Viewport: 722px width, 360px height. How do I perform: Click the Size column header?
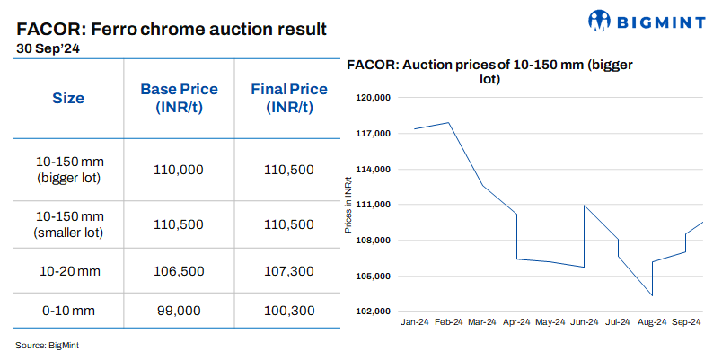pyautogui.click(x=68, y=98)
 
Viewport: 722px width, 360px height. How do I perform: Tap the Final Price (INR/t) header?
pyautogui.click(x=288, y=98)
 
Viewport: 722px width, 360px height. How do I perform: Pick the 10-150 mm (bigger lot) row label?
pyautogui.click(x=69, y=169)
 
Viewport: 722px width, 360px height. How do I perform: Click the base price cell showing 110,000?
pyautogui.click(x=179, y=169)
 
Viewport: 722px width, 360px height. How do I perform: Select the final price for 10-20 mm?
pyautogui.click(x=289, y=270)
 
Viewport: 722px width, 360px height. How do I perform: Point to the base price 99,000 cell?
pyautogui.click(x=179, y=310)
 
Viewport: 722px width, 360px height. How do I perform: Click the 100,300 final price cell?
pyautogui.click(x=289, y=310)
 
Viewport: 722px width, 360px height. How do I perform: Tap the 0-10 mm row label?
pyautogui.click(x=69, y=310)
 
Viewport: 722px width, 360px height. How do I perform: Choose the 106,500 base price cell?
pyautogui.click(x=179, y=270)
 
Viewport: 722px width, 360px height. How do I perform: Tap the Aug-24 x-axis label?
pyautogui.click(x=651, y=322)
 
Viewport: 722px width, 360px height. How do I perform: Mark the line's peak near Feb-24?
pyautogui.click(x=447, y=122)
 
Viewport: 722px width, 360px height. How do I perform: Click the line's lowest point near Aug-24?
pyautogui.click(x=651, y=295)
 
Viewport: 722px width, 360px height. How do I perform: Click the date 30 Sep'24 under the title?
pyautogui.click(x=48, y=49)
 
